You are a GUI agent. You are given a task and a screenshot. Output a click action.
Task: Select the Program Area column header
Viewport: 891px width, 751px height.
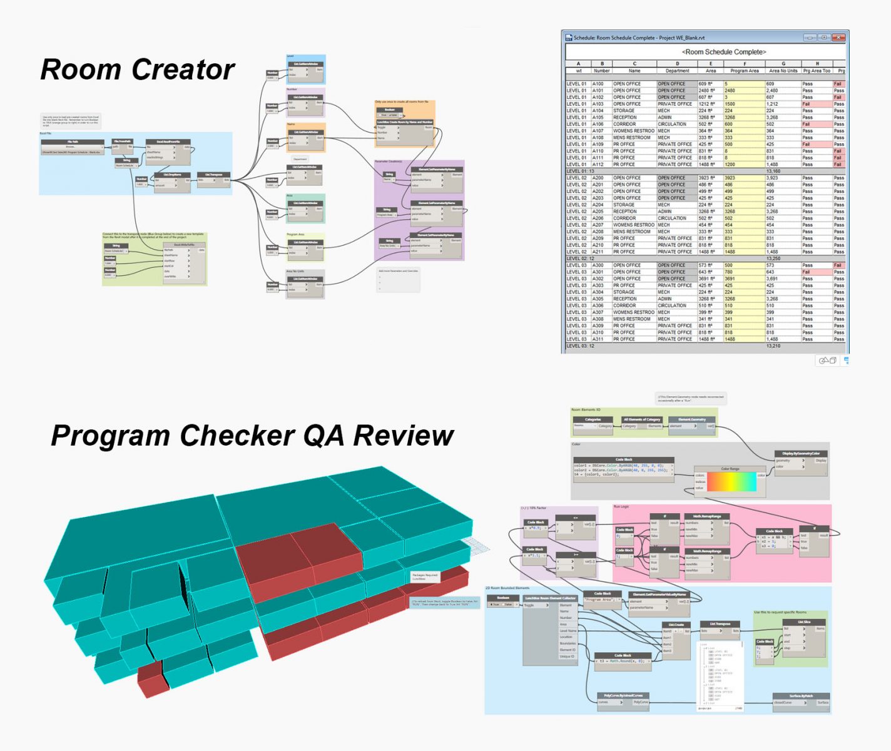coord(744,71)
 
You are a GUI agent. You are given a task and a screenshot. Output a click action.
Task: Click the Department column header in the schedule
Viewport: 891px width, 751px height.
coord(677,71)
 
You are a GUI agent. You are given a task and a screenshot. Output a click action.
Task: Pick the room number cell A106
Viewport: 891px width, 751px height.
coord(598,124)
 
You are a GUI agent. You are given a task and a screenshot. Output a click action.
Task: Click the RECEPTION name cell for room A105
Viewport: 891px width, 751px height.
coord(625,117)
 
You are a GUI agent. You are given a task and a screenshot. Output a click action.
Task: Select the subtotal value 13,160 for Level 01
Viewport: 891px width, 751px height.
coord(773,171)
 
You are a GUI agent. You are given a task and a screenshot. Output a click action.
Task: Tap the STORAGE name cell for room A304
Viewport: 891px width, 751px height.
coord(624,292)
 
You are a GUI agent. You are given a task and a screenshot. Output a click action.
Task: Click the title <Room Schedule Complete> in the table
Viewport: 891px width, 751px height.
coord(723,52)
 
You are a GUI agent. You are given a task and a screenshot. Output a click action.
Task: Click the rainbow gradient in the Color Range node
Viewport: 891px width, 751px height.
coord(731,482)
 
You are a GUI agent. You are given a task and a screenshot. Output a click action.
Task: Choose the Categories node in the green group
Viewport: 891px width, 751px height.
coord(593,419)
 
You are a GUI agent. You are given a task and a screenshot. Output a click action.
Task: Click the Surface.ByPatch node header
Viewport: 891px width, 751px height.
coord(801,695)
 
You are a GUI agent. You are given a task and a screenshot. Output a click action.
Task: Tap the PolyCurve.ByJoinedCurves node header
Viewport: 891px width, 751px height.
coord(623,695)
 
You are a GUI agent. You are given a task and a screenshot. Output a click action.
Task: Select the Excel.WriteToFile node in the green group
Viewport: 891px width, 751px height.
coord(184,245)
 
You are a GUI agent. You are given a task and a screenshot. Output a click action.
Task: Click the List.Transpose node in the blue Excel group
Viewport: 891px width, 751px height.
coord(213,175)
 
